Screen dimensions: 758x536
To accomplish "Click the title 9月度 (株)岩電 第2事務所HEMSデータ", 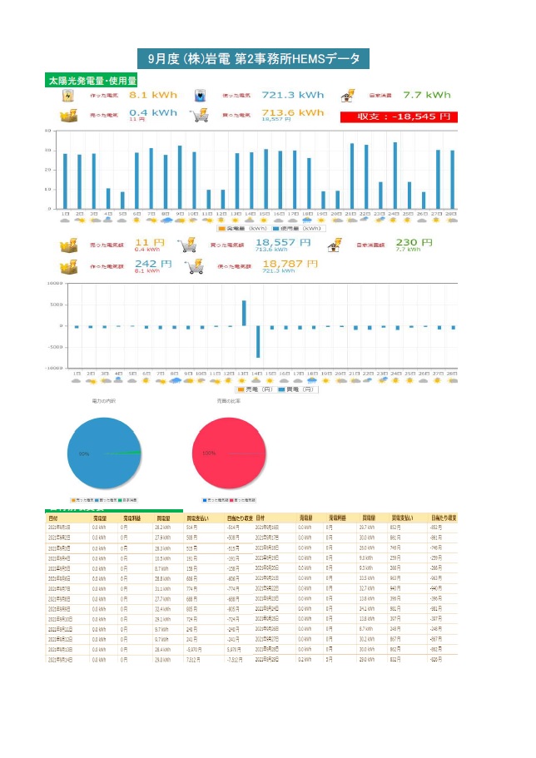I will coord(254,59).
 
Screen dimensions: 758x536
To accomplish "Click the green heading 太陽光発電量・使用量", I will coord(92,82).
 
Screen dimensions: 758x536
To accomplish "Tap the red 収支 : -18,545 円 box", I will coord(399,116).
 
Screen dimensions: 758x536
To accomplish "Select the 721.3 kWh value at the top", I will coord(293,96).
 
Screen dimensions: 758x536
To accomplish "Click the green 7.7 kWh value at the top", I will coord(426,96).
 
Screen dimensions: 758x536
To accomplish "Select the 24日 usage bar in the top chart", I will coord(395,176).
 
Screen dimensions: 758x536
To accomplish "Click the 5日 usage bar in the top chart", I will coord(122,201).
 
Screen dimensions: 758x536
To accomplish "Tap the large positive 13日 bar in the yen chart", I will coord(244,313).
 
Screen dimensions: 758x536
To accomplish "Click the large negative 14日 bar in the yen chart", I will coord(258,341).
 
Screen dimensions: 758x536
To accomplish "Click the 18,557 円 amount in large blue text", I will coord(284,244).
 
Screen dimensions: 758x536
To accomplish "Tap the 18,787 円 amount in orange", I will coord(290,264).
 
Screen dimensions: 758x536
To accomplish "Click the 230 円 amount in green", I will coord(414,243).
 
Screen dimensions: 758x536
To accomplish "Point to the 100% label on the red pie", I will coord(208,453).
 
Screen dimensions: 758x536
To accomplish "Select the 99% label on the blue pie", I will coord(84,453).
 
